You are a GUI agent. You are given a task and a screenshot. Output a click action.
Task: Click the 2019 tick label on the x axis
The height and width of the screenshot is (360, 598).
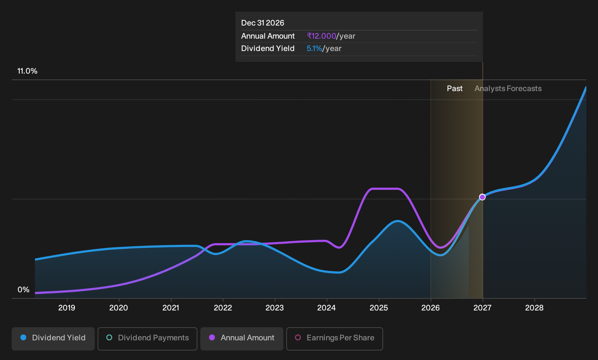[x=67, y=308]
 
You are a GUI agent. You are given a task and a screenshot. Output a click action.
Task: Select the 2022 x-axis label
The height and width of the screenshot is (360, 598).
[x=223, y=308]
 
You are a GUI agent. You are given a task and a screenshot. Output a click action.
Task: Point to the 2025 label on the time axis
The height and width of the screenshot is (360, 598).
[x=378, y=308]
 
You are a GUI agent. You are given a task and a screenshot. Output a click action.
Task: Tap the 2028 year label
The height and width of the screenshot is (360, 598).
[x=534, y=308]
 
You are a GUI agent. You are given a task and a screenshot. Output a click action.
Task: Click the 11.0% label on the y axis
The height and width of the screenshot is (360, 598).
[x=27, y=71]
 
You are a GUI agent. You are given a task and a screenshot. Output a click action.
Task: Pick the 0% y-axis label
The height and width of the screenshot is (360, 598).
[x=23, y=290]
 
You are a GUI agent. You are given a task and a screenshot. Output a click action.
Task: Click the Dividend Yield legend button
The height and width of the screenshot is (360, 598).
[x=53, y=339]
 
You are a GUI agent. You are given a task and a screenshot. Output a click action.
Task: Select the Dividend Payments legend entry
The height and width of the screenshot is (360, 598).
[x=147, y=339]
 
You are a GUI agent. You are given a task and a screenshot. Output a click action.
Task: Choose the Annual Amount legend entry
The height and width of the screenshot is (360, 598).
[x=241, y=339]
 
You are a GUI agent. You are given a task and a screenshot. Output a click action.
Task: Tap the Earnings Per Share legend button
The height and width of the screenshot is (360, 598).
[x=334, y=339]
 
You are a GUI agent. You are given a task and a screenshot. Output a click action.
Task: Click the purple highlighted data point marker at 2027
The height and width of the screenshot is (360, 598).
[x=482, y=197]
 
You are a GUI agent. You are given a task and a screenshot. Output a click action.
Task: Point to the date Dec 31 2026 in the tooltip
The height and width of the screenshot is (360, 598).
[x=263, y=23]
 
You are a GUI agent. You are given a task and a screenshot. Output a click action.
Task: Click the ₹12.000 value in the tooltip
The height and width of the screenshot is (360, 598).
[x=322, y=36]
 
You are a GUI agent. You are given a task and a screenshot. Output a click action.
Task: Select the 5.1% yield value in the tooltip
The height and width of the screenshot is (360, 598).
[x=314, y=48]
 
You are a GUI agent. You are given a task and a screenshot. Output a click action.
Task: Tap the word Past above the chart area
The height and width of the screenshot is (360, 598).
[x=455, y=89]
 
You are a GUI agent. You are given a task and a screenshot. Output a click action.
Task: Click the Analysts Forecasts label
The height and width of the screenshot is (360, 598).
[x=508, y=89]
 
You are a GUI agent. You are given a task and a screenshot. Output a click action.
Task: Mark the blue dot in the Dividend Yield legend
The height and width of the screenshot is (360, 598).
[x=24, y=337]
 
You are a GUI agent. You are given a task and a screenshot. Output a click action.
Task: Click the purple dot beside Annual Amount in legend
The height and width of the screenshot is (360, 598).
[x=212, y=337]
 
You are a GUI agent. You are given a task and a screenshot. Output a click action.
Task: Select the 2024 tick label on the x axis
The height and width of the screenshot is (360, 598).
[x=327, y=308]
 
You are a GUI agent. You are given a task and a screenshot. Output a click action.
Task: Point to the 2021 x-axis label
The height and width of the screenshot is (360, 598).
[x=171, y=308]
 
